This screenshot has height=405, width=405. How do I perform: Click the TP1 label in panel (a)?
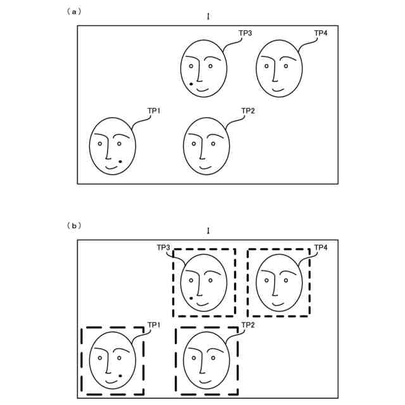[x=154, y=111]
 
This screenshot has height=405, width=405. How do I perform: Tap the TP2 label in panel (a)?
[x=248, y=111]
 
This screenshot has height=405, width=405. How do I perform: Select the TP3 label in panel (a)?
[x=245, y=32]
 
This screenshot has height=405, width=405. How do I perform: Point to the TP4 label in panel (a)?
[x=321, y=32]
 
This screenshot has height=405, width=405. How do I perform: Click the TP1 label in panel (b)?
[x=154, y=325]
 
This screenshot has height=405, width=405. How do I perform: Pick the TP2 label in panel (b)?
[x=248, y=325]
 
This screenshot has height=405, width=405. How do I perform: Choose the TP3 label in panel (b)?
[x=163, y=247]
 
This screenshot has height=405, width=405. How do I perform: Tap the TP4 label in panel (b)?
[x=321, y=247]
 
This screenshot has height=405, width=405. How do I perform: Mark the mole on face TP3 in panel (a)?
[x=191, y=84]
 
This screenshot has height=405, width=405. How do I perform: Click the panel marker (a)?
[x=74, y=11]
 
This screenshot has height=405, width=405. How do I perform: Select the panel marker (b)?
[x=74, y=225]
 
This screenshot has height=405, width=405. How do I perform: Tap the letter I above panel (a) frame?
[x=208, y=16]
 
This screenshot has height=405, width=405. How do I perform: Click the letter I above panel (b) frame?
[x=208, y=230]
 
